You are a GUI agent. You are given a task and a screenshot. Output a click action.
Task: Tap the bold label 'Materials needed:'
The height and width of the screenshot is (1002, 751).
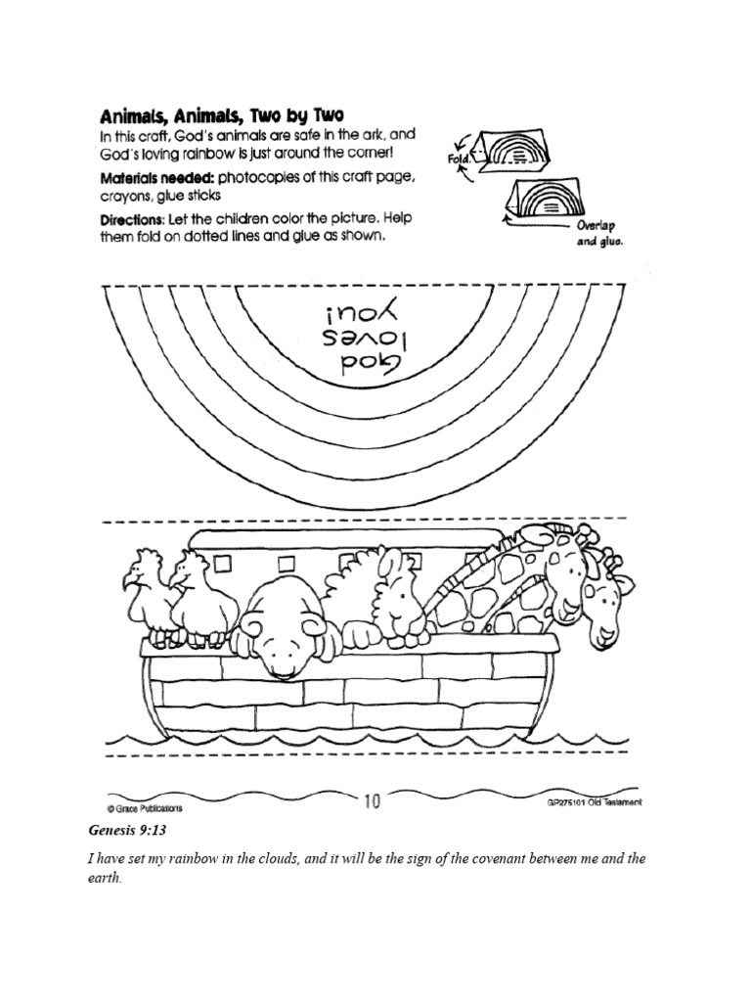pyautogui.click(x=156, y=179)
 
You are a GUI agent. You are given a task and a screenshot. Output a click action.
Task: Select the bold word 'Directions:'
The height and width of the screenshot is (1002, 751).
pyautogui.click(x=132, y=221)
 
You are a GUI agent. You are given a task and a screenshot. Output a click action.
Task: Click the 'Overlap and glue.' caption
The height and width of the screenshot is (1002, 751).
pyautogui.click(x=599, y=232)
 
